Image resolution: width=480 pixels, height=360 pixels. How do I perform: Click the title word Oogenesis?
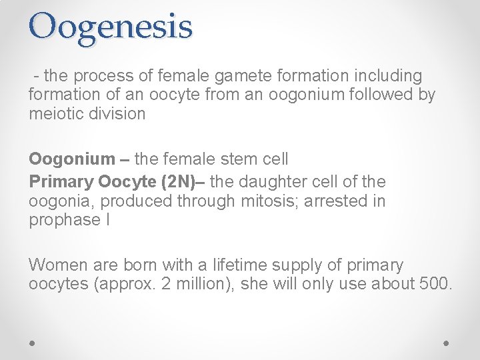click(111, 27)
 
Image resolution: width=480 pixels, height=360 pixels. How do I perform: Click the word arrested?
click(337, 201)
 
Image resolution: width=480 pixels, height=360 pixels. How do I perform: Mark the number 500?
click(437, 284)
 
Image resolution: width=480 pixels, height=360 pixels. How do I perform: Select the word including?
click(390, 76)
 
